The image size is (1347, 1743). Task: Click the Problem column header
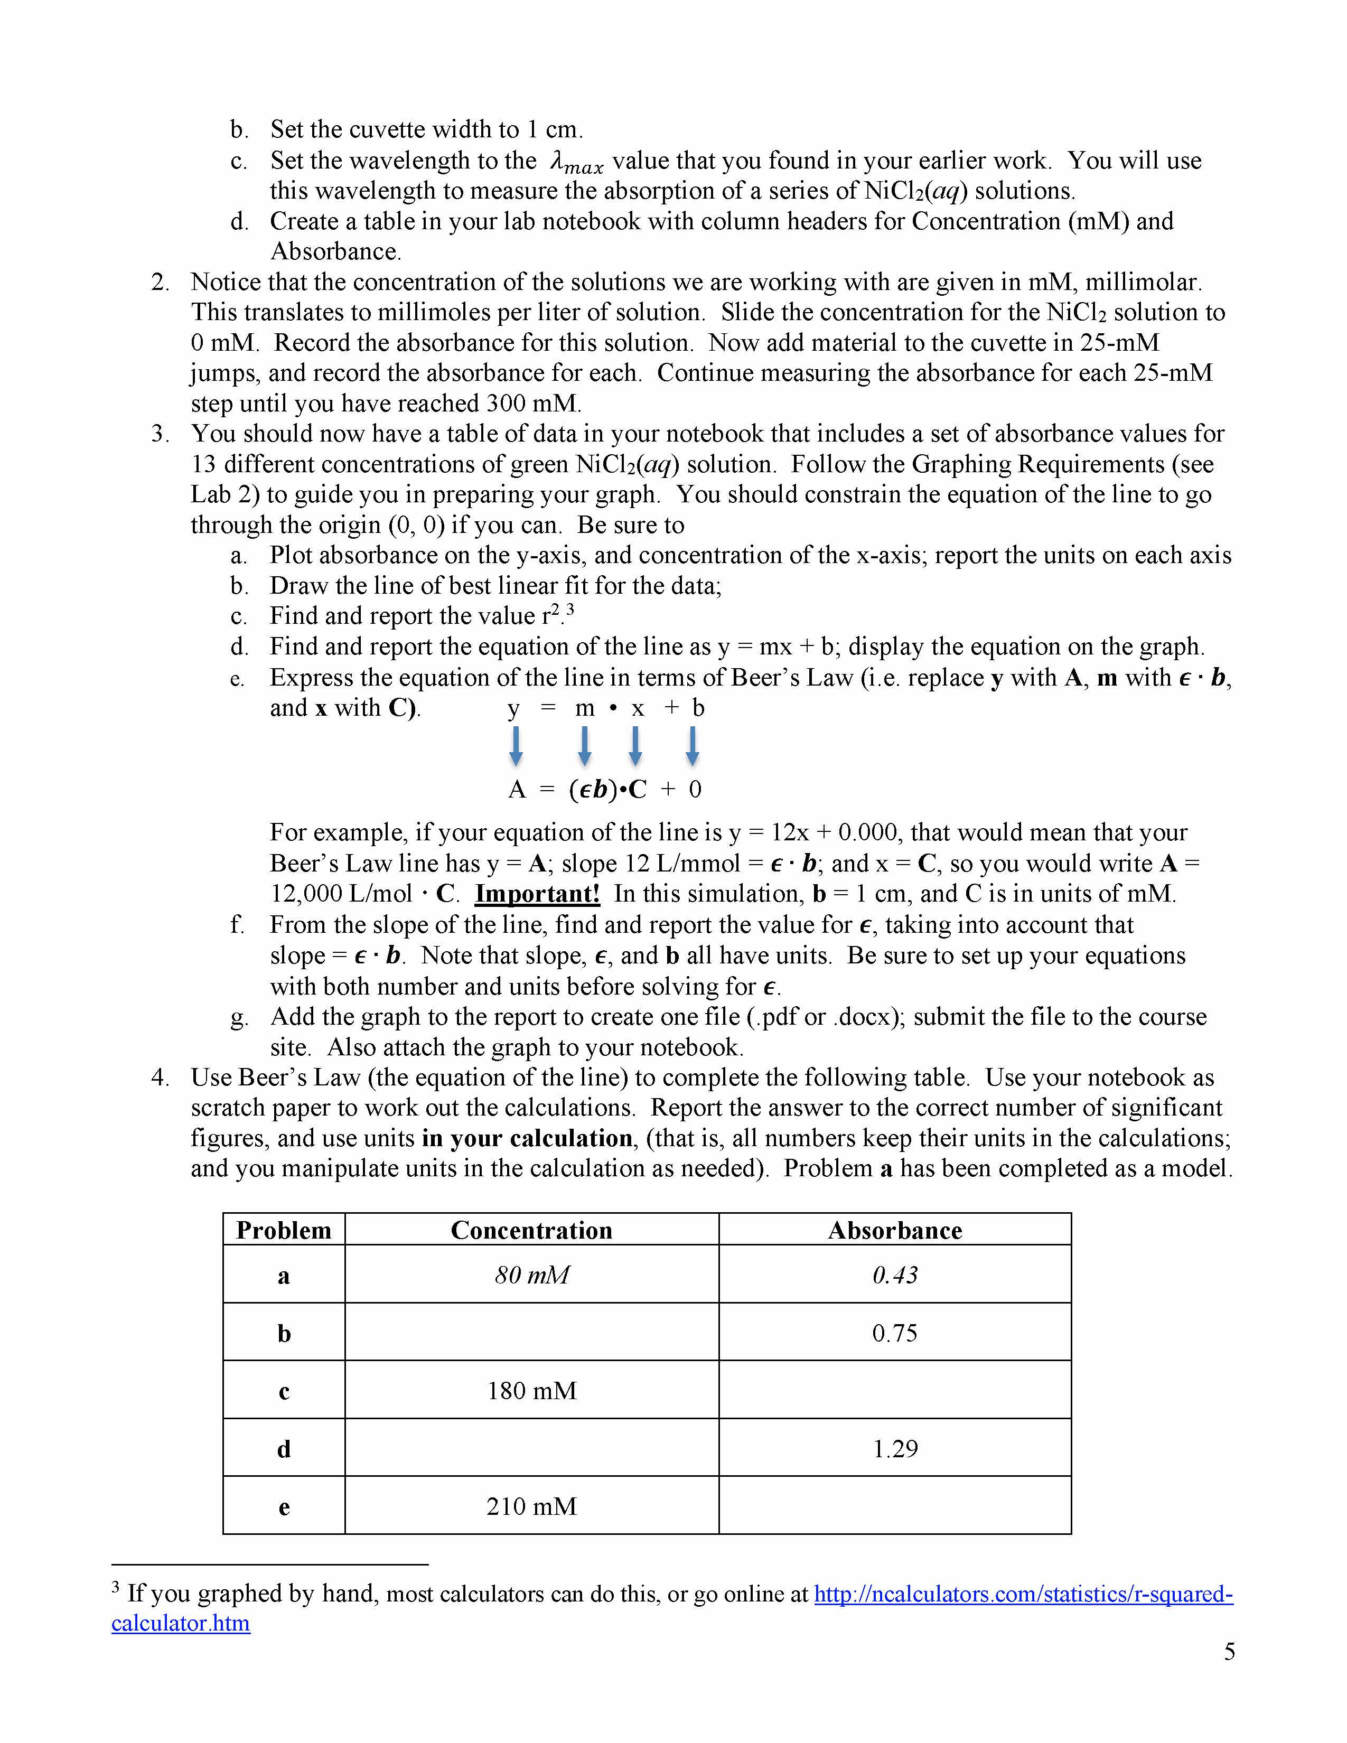click(283, 1230)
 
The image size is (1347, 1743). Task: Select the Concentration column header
click(531, 1230)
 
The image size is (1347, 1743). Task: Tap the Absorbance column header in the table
click(894, 1230)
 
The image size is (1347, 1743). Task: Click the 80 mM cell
click(531, 1275)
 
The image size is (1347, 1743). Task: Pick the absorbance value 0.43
click(894, 1275)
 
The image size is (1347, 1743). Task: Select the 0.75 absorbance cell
click(894, 1333)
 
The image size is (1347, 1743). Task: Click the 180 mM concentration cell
click(531, 1390)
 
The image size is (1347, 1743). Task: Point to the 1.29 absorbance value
click(894, 1448)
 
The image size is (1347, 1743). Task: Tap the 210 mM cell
click(531, 1506)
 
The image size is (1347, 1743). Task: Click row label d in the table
click(283, 1448)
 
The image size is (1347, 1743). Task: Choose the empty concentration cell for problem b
click(531, 1333)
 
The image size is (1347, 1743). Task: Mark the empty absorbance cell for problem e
click(894, 1506)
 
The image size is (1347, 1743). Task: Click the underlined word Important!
click(537, 893)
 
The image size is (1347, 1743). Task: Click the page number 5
click(1229, 1651)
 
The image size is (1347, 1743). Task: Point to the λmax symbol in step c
click(576, 163)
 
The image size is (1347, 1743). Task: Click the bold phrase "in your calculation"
click(528, 1138)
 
